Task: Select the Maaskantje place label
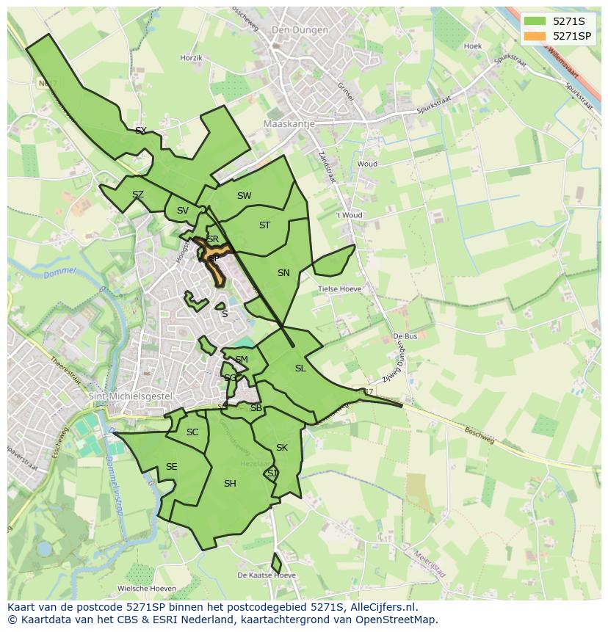point(289,124)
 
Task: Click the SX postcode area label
point(141,131)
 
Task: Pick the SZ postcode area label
point(138,195)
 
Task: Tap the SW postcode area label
point(245,196)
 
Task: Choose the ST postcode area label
point(265,225)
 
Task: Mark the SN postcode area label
point(283,273)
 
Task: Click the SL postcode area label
point(300,368)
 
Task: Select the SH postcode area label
point(230,483)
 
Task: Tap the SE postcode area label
point(171,467)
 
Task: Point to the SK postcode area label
point(282,448)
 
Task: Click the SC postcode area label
point(192,432)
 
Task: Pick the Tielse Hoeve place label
point(339,289)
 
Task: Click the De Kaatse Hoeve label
point(266,575)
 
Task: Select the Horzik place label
point(191,57)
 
